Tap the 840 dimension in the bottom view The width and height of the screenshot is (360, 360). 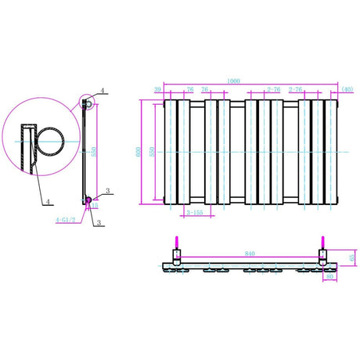(x=249, y=254)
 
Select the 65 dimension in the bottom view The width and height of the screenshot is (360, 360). (x=352, y=257)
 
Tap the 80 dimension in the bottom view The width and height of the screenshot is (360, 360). (x=330, y=275)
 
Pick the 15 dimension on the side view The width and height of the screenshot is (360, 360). (x=95, y=207)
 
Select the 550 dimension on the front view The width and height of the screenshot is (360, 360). (x=154, y=152)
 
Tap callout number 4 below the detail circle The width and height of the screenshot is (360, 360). (x=48, y=201)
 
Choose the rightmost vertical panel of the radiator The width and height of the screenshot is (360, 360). (x=333, y=151)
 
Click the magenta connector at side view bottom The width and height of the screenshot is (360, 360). (x=88, y=200)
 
